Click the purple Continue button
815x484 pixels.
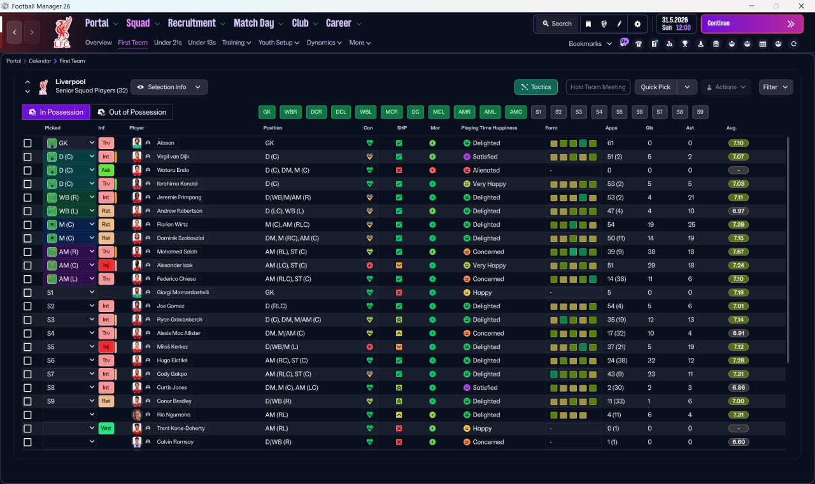click(x=752, y=24)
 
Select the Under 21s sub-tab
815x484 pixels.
click(x=167, y=43)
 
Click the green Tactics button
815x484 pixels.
click(x=536, y=87)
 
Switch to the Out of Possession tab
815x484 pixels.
click(x=132, y=112)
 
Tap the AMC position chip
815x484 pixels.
click(x=516, y=112)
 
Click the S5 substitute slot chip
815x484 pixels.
click(x=620, y=112)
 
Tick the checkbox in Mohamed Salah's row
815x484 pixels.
click(x=27, y=252)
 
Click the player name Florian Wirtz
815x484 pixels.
click(x=172, y=225)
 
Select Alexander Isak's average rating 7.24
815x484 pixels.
click(x=738, y=266)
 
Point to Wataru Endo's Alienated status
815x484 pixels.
click(x=486, y=170)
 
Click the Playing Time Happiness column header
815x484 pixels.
click(x=489, y=128)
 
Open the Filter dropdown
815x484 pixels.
click(x=776, y=87)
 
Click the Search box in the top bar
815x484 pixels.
click(x=557, y=24)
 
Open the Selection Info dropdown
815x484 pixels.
click(x=169, y=87)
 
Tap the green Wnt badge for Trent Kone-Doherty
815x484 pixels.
click(x=106, y=429)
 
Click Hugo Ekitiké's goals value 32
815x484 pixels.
click(x=651, y=360)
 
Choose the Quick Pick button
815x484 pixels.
click(x=655, y=87)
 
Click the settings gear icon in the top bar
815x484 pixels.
click(x=637, y=24)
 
